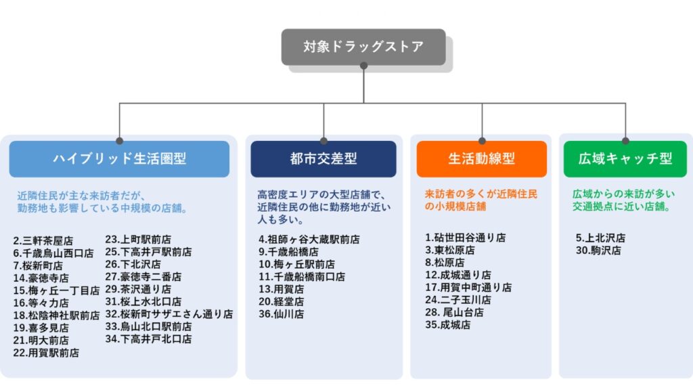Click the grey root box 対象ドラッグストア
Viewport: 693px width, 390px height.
tap(363, 47)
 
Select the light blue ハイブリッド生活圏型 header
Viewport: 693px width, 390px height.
tap(119, 159)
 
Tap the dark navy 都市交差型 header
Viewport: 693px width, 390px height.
tap(323, 159)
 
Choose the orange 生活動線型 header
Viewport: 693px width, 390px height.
tap(481, 159)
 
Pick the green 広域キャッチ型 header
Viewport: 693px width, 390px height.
tap(625, 159)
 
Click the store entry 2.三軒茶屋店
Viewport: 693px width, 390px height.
tap(43, 240)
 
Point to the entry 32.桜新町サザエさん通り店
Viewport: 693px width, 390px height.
tap(169, 314)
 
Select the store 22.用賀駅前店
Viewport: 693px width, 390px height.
tap(46, 353)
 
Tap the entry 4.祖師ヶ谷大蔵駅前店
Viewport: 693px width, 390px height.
tap(309, 239)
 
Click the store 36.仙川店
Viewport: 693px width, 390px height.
tap(281, 314)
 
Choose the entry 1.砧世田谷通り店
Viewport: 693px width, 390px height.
tap(465, 238)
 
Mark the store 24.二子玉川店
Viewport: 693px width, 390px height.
tap(457, 299)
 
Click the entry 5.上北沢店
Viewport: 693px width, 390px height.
tap(600, 238)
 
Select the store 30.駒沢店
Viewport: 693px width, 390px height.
tap(598, 251)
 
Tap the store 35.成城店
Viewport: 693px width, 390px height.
tap(447, 325)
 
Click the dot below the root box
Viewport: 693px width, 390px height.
tap(363, 66)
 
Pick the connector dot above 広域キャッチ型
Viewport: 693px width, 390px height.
tap(625, 141)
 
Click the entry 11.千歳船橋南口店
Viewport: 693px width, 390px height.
tap(301, 277)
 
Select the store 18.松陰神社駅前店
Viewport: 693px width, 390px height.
tap(56, 315)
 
